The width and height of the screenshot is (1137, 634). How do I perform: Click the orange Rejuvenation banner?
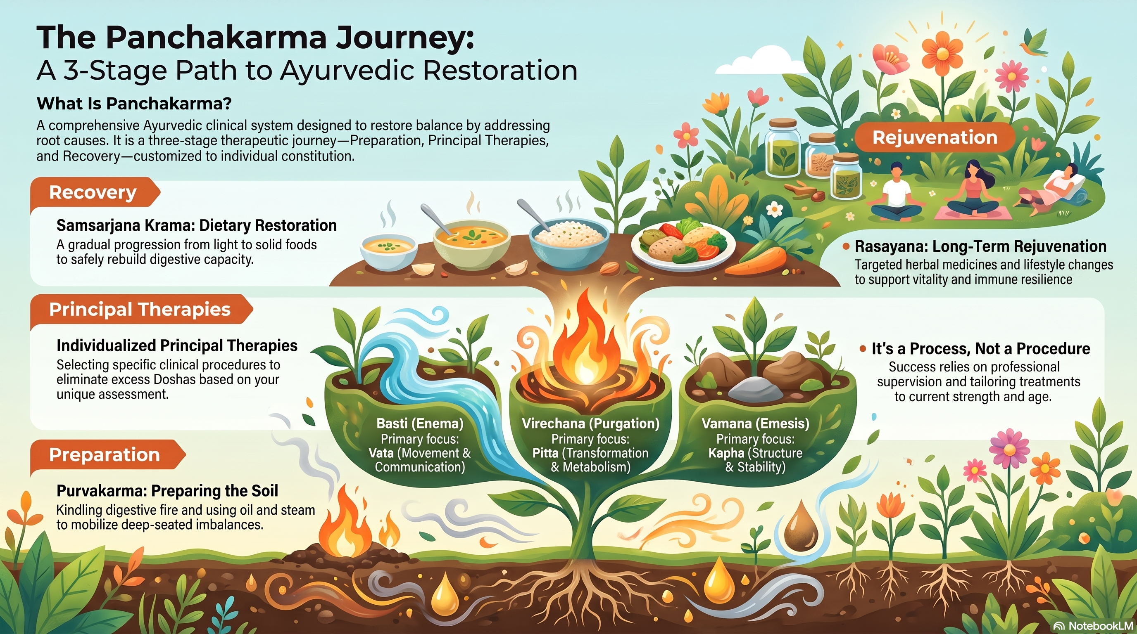(x=935, y=137)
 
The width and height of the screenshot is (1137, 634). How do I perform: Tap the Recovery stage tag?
(x=95, y=192)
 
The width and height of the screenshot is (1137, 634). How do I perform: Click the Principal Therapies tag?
(x=141, y=310)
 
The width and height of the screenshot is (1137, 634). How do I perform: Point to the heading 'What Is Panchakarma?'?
(x=134, y=104)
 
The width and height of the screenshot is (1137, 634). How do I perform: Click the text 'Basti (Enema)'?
(x=420, y=423)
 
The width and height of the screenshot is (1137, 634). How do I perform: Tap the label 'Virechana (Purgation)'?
(x=590, y=423)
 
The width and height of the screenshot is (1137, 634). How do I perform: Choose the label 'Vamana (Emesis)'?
(x=756, y=423)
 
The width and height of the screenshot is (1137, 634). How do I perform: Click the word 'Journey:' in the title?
(x=404, y=38)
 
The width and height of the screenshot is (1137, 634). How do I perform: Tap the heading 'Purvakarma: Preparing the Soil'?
(x=167, y=491)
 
